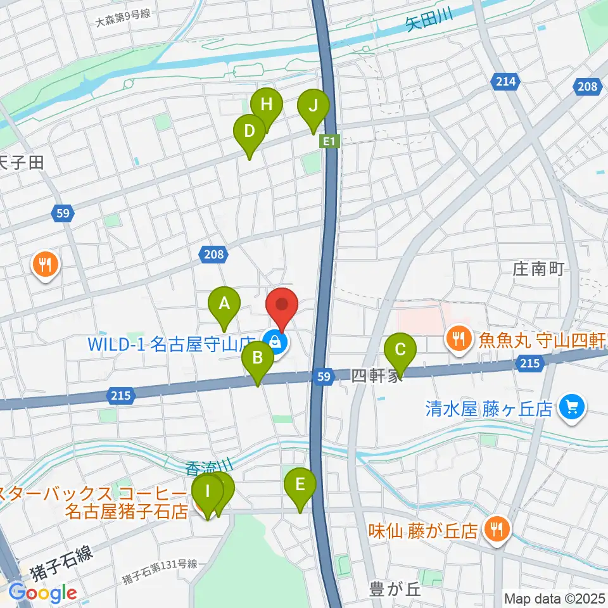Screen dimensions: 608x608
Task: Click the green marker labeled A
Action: click(x=224, y=303)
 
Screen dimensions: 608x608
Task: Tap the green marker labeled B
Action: click(x=257, y=358)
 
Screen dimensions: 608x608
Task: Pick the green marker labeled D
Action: click(x=249, y=131)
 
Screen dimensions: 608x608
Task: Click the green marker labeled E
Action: click(x=300, y=485)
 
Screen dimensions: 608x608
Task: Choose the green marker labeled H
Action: click(x=267, y=104)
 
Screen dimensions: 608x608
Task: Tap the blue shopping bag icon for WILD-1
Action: click(x=277, y=343)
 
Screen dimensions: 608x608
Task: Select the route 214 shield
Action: click(x=506, y=81)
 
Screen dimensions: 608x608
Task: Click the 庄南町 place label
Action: click(x=538, y=269)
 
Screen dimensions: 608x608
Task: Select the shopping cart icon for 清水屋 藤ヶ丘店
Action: click(x=572, y=406)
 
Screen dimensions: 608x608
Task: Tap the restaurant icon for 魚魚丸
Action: click(x=459, y=338)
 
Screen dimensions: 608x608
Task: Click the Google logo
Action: click(x=42, y=593)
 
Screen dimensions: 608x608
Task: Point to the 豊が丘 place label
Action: click(x=395, y=590)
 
